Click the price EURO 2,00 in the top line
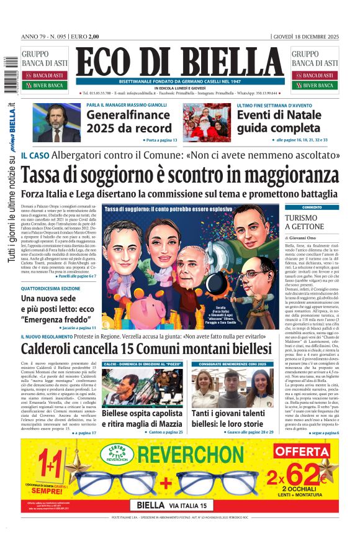pos(85,36)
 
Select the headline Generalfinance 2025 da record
pos(128,121)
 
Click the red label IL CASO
pos(35,155)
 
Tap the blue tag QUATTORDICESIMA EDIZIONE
pos(50,288)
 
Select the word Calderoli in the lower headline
pos(55,349)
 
